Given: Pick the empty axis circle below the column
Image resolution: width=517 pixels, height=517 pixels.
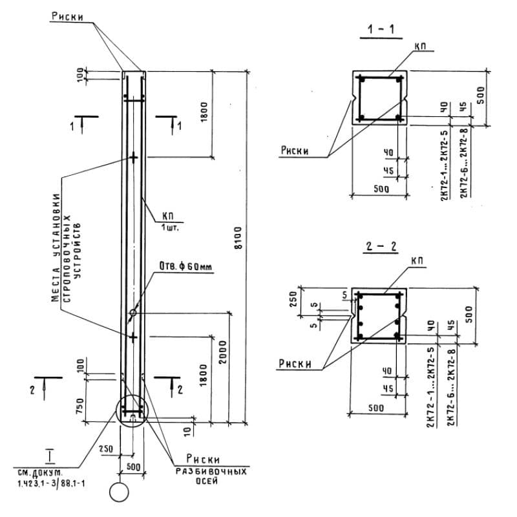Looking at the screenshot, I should pos(119,492).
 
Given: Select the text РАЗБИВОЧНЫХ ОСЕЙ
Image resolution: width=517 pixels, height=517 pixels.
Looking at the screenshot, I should pos(211,477).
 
